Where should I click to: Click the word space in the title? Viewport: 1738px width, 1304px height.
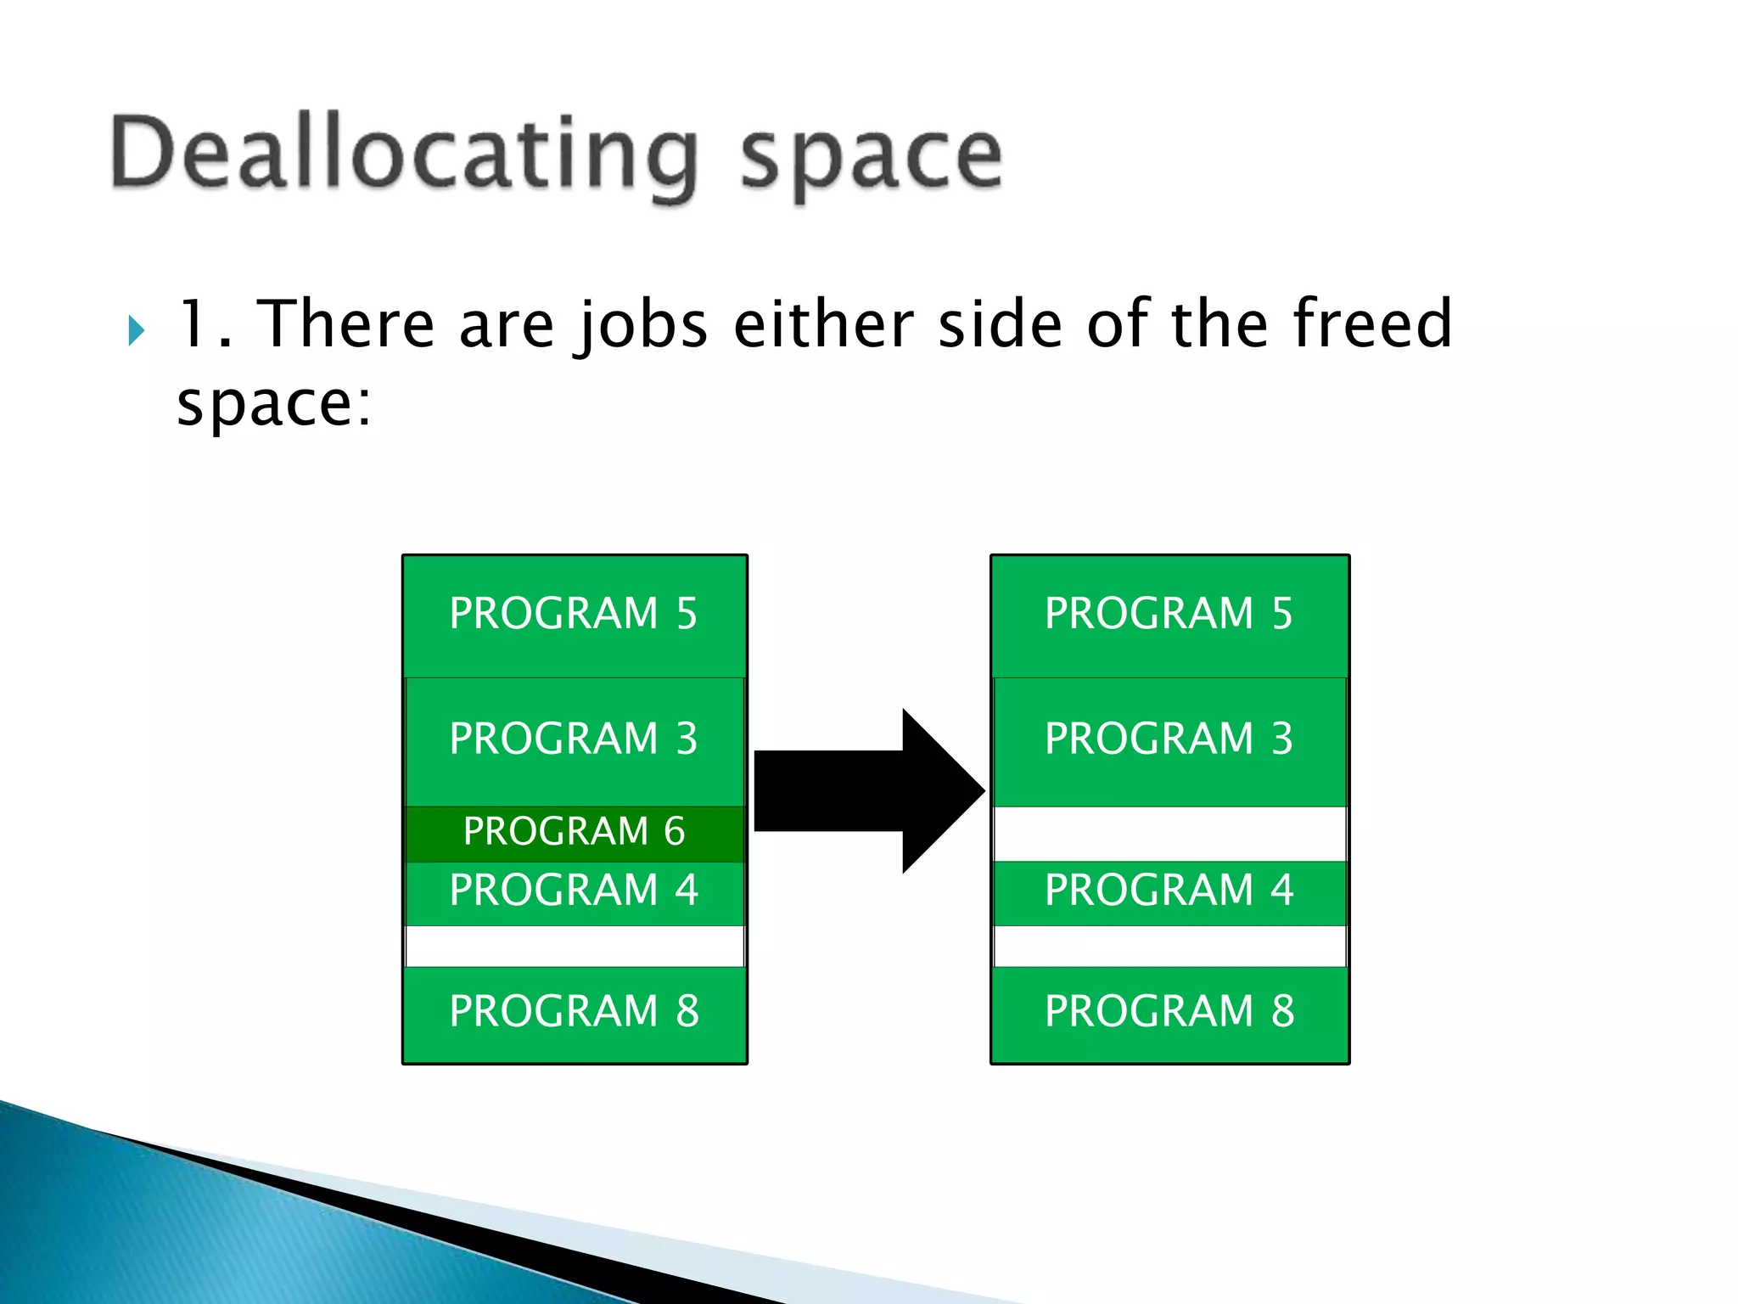coord(872,157)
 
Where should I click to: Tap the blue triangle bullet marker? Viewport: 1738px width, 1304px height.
coord(136,330)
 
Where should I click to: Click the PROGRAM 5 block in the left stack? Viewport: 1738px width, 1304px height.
coord(575,615)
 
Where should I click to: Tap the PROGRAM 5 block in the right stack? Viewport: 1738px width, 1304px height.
coord(1169,615)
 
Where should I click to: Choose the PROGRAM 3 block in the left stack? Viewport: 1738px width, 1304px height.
coord(575,740)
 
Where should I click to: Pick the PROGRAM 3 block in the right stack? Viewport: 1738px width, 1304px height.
coord(1169,740)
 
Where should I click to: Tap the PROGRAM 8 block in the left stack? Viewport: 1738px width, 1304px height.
coord(575,1014)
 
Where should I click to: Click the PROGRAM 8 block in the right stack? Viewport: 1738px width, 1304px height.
coord(1169,1014)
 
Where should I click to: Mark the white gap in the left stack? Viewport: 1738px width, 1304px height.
coord(575,946)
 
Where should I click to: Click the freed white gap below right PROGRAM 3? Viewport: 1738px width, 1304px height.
coord(1169,834)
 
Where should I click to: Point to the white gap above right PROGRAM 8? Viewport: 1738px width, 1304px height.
coord(1169,946)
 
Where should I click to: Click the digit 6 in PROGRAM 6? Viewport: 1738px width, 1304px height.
coord(674,832)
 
